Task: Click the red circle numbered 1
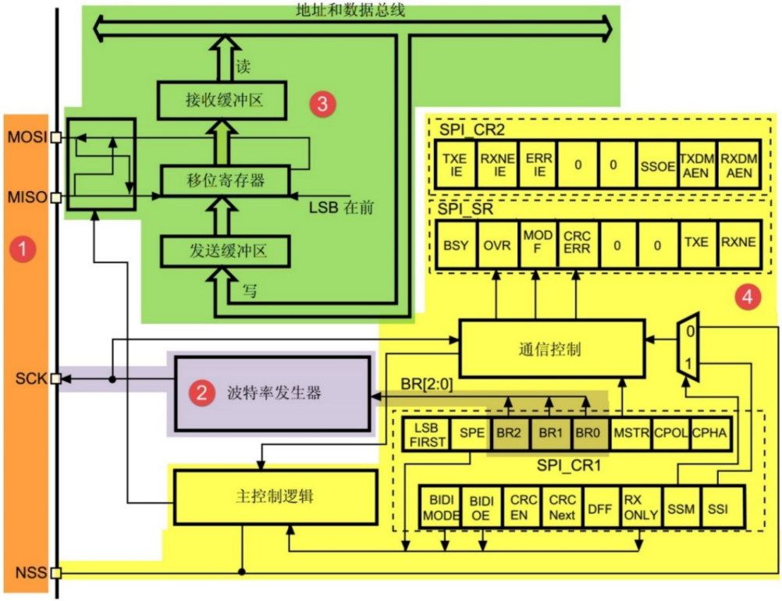tap(27, 250)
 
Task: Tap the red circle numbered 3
tap(321, 103)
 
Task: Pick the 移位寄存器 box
tap(225, 180)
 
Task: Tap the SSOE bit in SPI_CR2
tap(656, 165)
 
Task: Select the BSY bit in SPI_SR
tap(455, 244)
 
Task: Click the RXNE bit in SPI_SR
tap(738, 244)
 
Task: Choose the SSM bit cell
tap(681, 509)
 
